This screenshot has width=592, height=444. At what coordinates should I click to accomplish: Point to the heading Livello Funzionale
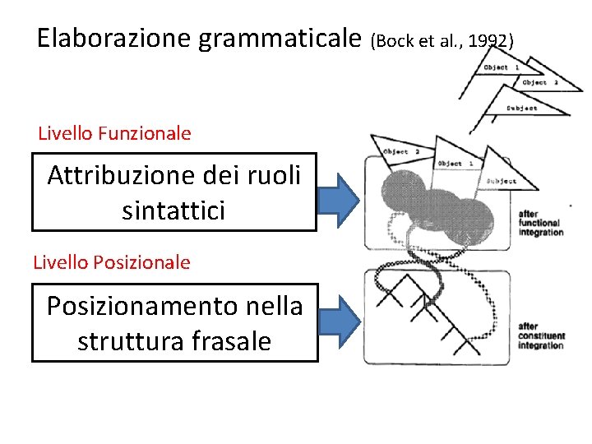(x=114, y=133)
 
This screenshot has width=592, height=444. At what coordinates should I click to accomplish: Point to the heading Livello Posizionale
(x=112, y=262)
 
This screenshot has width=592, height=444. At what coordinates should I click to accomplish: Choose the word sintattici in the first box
(x=173, y=210)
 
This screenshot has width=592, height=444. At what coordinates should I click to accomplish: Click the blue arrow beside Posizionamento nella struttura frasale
(x=338, y=322)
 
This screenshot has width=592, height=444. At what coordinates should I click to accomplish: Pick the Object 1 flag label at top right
(x=501, y=67)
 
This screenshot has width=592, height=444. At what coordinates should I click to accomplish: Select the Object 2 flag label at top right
(x=540, y=82)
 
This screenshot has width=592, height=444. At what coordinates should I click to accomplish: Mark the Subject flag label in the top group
(x=522, y=108)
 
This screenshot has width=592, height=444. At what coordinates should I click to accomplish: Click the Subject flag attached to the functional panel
(x=502, y=181)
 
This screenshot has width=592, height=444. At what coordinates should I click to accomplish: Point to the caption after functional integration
(x=540, y=223)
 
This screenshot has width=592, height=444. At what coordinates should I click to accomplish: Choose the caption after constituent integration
(x=540, y=335)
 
